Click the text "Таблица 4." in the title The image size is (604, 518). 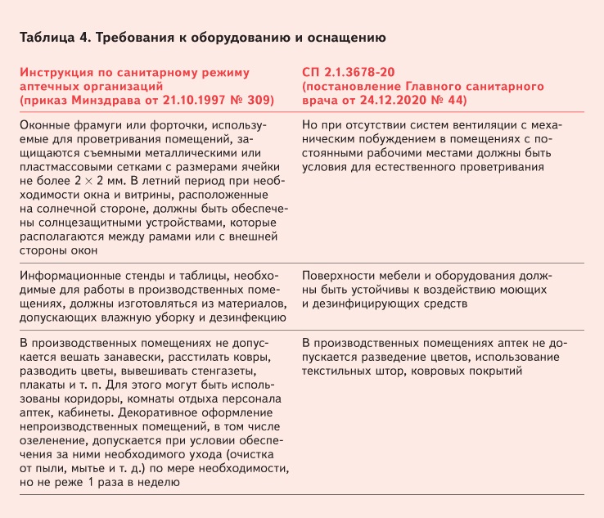[50, 38]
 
